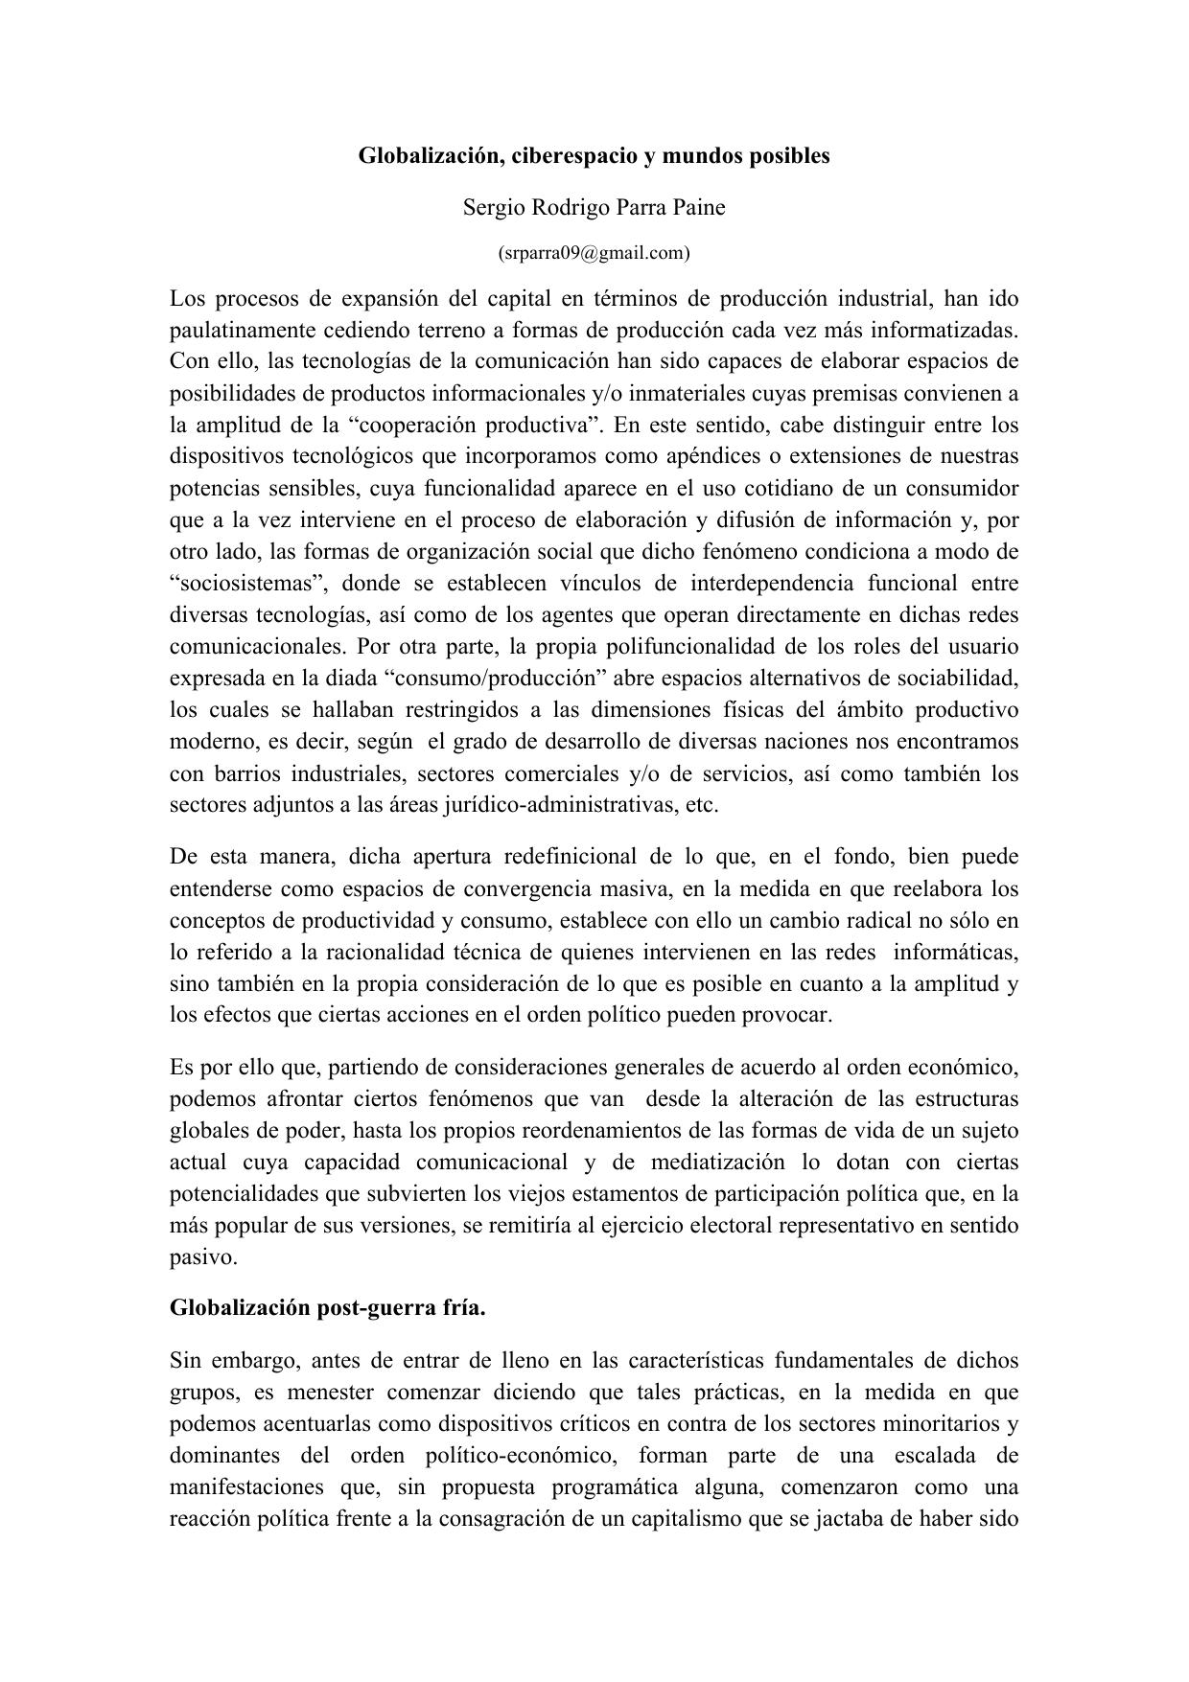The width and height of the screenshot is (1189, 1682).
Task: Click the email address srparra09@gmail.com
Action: (x=594, y=253)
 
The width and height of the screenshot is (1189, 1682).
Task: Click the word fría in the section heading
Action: (x=465, y=1308)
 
